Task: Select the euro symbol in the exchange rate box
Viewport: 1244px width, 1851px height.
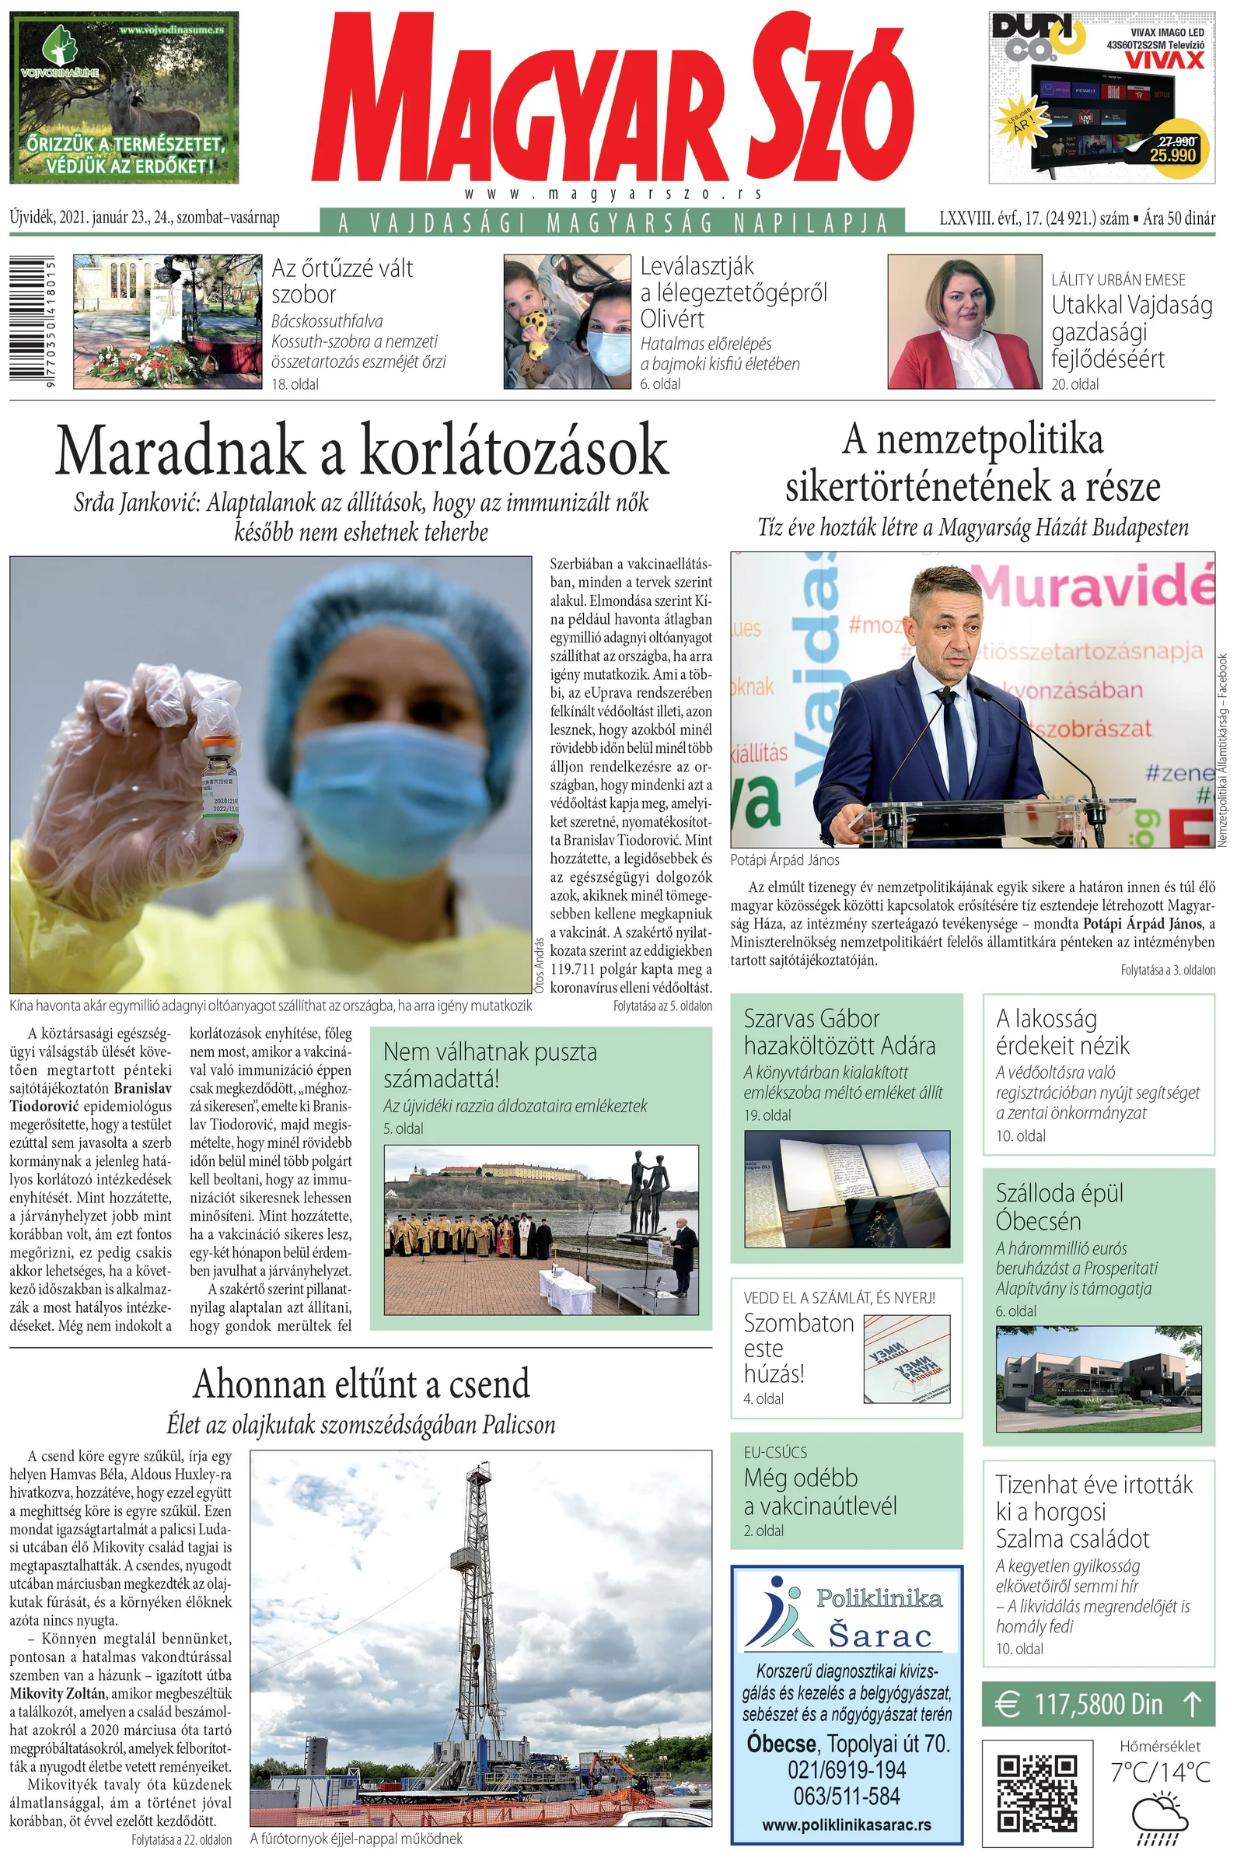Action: coord(1008,1703)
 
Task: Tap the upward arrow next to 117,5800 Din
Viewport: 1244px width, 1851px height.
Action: coord(1192,1703)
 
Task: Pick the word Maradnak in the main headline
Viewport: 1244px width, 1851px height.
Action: coord(180,450)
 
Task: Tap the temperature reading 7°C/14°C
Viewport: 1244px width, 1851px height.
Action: coord(1160,1772)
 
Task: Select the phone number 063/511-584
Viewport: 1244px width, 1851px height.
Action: coord(847,1797)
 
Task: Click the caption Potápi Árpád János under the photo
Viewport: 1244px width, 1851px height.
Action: coord(784,860)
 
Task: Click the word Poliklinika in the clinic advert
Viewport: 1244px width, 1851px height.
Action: coord(879,1598)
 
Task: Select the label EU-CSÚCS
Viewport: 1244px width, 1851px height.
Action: coord(775,1453)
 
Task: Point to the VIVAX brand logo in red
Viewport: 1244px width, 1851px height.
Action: coord(1164,61)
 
